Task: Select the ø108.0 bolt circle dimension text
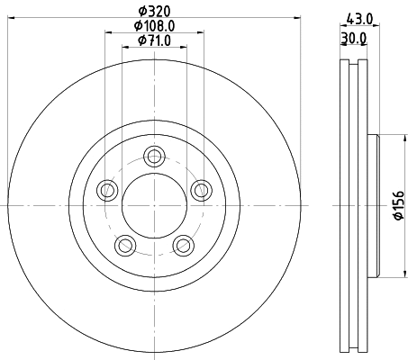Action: pos(154,26)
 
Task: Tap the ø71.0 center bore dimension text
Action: pos(154,40)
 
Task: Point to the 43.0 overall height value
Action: pos(360,15)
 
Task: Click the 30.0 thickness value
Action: pos(354,40)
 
